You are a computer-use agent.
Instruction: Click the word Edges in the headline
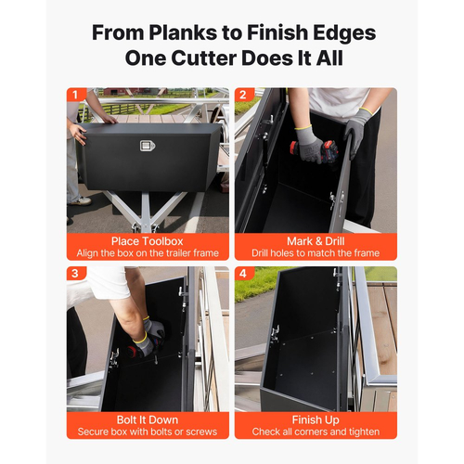[344, 33]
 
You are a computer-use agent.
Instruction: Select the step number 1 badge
[75, 95]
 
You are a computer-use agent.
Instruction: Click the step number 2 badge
[243, 95]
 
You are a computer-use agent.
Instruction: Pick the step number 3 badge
[75, 274]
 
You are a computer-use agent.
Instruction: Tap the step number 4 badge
[243, 274]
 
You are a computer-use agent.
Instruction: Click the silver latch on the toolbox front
[148, 146]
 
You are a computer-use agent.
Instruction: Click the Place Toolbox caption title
[148, 241]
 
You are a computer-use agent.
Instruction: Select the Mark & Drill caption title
[316, 241]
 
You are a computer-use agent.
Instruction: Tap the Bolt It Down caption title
[148, 419]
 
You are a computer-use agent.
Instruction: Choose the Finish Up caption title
[316, 420]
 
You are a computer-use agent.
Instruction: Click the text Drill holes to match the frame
[316, 253]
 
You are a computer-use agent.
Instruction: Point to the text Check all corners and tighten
[316, 432]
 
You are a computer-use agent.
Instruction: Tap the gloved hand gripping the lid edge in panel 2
[356, 131]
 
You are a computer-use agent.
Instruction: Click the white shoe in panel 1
[81, 201]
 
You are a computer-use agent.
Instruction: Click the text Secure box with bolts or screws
[148, 432]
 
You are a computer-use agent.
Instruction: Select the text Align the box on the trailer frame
[148, 253]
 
